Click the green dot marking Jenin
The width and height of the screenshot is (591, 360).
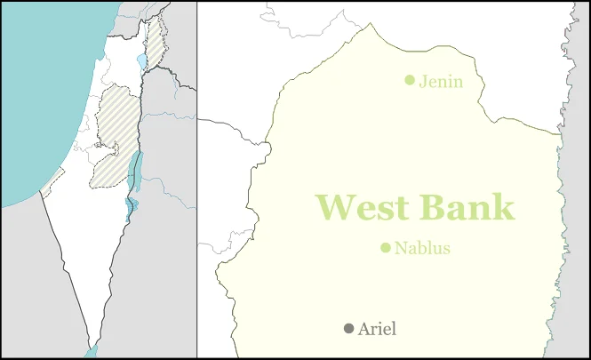410,80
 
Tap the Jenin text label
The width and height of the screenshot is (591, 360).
441,82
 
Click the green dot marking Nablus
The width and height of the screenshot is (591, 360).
386,248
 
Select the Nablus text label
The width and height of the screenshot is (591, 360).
422,249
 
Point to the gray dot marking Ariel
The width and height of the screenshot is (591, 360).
348,329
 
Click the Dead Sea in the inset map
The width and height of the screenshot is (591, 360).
135,169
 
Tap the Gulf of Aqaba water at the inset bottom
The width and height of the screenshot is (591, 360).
92,352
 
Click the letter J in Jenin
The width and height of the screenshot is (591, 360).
423,82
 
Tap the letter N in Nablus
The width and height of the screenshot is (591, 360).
401,249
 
